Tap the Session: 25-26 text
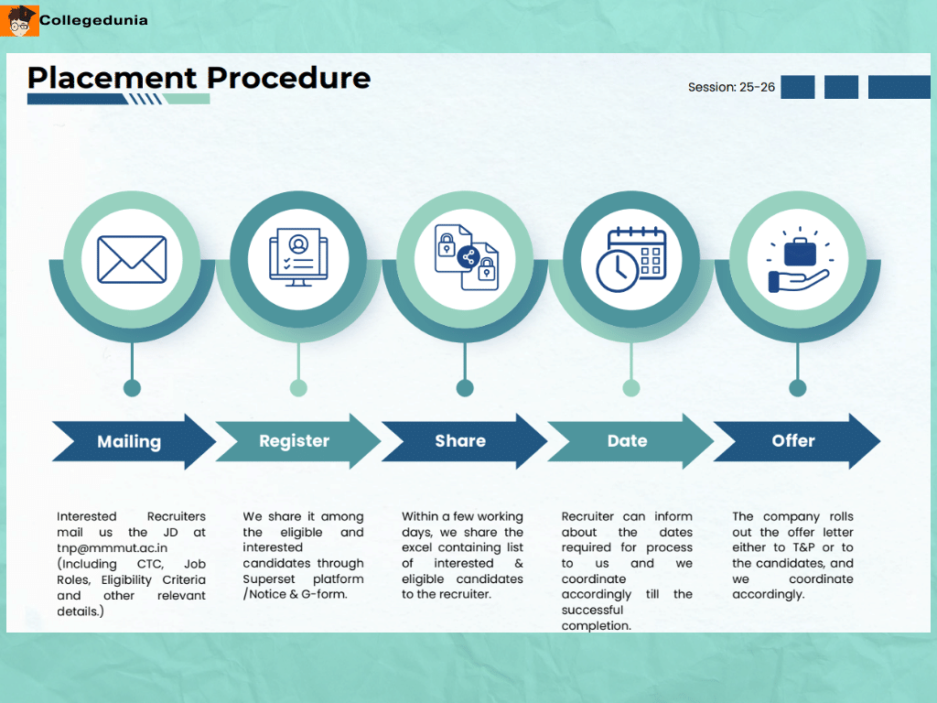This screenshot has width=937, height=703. tap(731, 87)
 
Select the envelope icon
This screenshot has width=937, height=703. tap(132, 259)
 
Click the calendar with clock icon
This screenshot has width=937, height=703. tap(631, 259)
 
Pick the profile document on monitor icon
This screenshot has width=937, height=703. tap(298, 259)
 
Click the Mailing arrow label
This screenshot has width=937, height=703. tap(129, 441)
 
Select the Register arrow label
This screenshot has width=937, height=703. tap(294, 441)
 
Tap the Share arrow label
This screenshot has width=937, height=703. tap(460, 441)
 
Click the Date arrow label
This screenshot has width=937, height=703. tap(627, 441)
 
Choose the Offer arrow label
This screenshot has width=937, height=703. tap(793, 441)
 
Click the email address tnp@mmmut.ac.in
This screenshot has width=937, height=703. tap(113, 548)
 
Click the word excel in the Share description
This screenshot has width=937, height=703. tap(418, 547)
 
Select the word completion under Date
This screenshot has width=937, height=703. tap(596, 626)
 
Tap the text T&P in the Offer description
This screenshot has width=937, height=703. tap(802, 547)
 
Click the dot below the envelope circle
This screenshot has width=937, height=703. tap(132, 388)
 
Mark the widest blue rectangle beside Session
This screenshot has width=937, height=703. tap(899, 87)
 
